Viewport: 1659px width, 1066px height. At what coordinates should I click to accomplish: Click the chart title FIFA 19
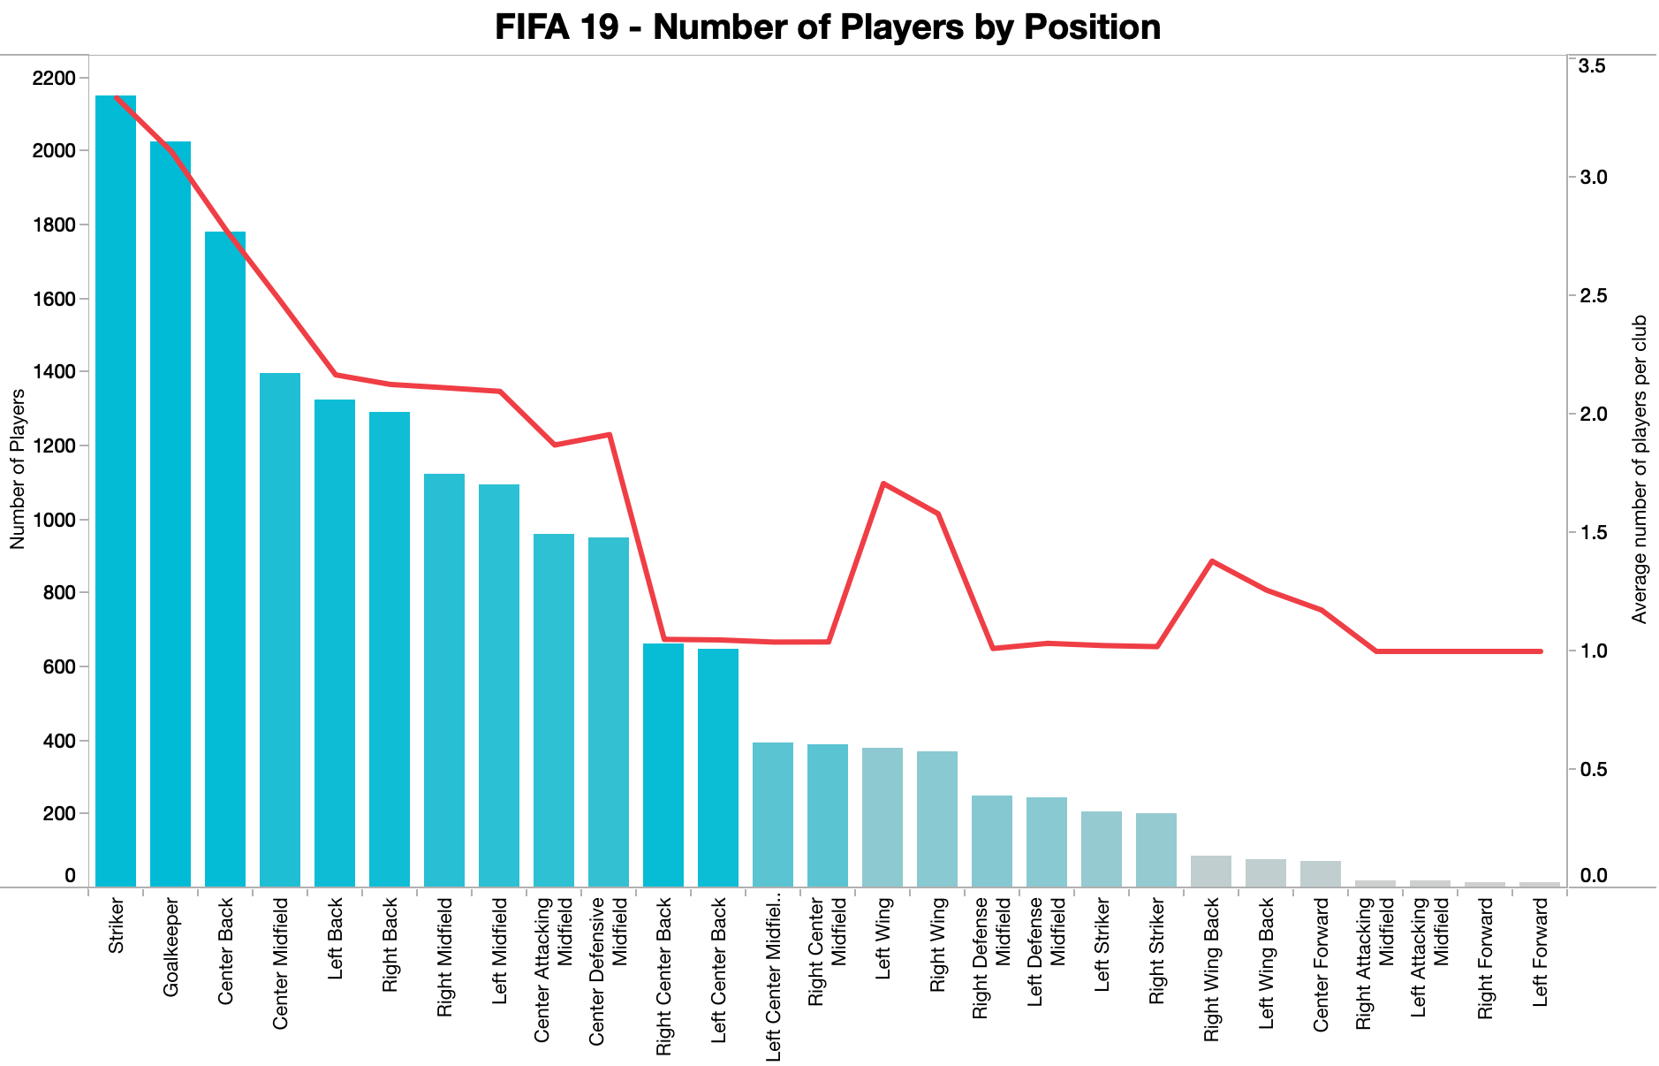(828, 27)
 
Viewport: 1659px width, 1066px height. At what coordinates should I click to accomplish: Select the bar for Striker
(116, 491)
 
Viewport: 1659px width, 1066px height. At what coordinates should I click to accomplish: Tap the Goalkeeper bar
(170, 514)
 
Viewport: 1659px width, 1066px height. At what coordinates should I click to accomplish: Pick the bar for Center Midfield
(280, 629)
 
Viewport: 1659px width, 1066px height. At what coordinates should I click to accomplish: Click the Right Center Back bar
(663, 765)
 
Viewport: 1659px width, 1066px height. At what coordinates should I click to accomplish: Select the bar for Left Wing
(883, 817)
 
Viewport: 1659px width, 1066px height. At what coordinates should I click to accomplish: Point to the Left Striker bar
(1102, 849)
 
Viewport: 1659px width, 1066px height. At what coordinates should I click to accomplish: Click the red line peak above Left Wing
(883, 484)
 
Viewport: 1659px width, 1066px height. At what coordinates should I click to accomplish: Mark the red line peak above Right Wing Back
(1212, 561)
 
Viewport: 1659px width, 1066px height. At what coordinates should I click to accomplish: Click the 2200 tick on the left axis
(53, 78)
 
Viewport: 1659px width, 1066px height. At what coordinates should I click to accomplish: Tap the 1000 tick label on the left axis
(53, 520)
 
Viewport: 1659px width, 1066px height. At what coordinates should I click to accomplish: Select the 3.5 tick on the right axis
(1594, 66)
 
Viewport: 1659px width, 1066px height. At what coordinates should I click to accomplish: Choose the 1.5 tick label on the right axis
(1594, 533)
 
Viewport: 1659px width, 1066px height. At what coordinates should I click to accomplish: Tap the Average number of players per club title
(1640, 468)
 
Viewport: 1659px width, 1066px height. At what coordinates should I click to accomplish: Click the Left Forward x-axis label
(1540, 951)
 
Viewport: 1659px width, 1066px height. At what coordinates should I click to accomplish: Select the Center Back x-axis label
(225, 951)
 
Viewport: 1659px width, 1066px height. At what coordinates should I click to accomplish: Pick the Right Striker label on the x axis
(1156, 951)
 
